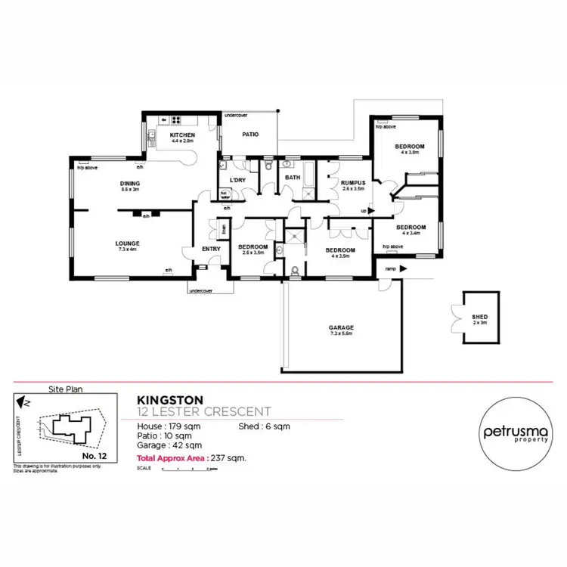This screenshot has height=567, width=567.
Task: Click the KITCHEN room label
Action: [x=182, y=135]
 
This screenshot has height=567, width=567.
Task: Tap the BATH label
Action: [x=292, y=178]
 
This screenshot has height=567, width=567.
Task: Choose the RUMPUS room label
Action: [x=353, y=183]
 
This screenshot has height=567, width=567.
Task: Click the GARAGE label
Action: [x=341, y=327]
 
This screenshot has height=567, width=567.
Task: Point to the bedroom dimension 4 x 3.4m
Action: [x=411, y=233]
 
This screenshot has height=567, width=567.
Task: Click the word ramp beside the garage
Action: [x=390, y=268]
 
